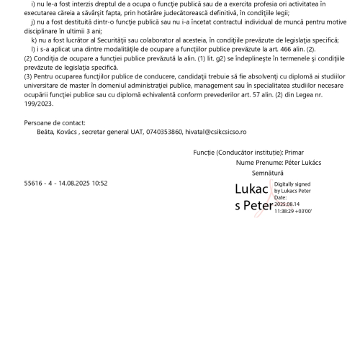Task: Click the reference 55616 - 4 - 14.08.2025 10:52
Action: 66,184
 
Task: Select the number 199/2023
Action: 40,102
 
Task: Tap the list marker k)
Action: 34,40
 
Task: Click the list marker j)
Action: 33,22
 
